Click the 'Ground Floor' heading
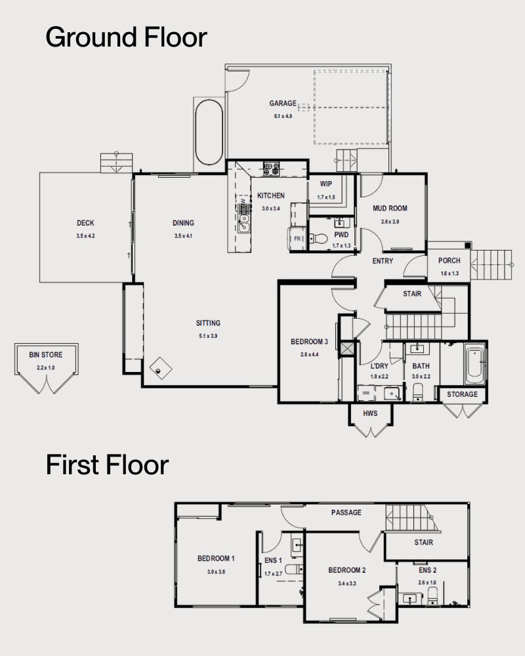[126, 37]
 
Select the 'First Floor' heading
[107, 465]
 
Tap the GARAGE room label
[283, 104]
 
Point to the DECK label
[85, 224]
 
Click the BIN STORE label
[42, 355]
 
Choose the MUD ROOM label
[390, 209]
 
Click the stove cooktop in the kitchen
[271, 169]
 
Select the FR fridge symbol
[297, 239]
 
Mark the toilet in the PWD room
[319, 240]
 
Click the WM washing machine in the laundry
[366, 393]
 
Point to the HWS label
[371, 413]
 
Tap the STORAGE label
[463, 394]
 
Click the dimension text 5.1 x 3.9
[208, 336]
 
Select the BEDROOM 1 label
[216, 559]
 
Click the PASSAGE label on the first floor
[346, 512]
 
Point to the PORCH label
[450, 261]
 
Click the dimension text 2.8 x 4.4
[308, 354]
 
